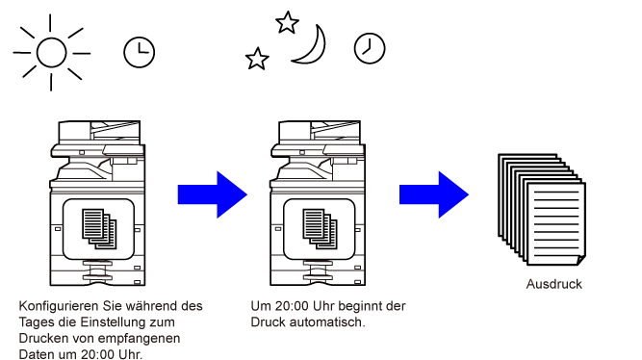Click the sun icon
tap(51, 52)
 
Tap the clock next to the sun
tap(140, 52)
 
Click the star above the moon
tap(287, 22)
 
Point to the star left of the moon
tap(257, 59)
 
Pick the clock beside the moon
tap(370, 48)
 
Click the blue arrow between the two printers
tap(213, 194)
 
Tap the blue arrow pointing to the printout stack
tap(434, 194)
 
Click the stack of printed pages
tap(542, 210)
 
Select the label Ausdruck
tap(554, 284)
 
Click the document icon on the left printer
tap(99, 229)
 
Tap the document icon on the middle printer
tap(320, 229)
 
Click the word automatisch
tap(326, 322)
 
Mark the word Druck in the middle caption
tap(268, 322)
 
